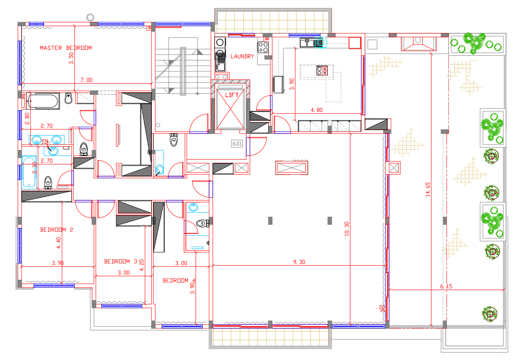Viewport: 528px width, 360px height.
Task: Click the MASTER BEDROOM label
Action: (66, 48)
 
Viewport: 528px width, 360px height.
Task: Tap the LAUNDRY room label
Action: (242, 56)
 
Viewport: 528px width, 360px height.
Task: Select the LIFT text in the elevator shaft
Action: (231, 95)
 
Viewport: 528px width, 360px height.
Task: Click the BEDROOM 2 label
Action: (57, 229)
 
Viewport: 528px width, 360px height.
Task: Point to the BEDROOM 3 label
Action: (120, 262)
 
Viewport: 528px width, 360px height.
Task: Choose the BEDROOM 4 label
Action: (179, 281)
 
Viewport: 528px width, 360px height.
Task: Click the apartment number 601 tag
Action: (237, 144)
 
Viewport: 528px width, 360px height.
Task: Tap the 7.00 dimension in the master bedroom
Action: (87, 80)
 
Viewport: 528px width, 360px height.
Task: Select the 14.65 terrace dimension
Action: (428, 189)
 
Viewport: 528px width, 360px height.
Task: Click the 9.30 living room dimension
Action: (299, 262)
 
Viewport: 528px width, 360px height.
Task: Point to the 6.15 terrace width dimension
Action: (446, 286)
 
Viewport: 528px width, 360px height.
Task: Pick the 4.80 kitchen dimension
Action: (316, 110)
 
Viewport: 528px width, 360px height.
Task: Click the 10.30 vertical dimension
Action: (347, 229)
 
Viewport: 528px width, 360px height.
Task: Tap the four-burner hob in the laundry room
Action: (263, 47)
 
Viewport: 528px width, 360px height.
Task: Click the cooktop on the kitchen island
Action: (322, 71)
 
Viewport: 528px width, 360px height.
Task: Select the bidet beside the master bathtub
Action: (68, 98)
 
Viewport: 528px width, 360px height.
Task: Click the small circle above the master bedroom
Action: (90, 17)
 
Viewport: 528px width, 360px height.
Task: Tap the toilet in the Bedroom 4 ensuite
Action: (202, 223)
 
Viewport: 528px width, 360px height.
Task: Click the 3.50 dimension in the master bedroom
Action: (71, 58)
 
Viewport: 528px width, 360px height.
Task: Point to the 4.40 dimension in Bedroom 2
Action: (58, 243)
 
